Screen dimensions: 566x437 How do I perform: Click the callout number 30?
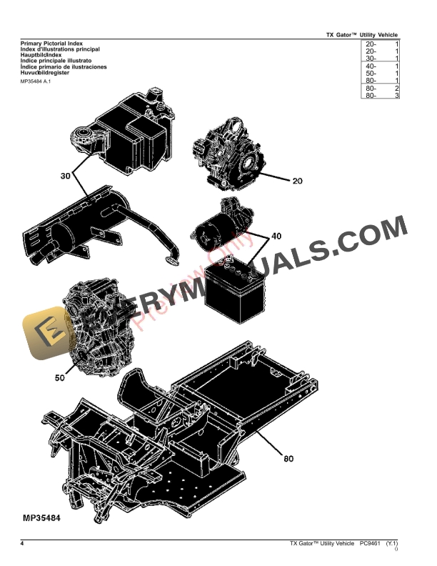[x=65, y=175]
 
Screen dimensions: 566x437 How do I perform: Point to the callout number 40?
[x=276, y=236]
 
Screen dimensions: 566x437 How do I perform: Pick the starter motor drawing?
[x=223, y=224]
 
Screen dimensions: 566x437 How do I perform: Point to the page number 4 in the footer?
[x=22, y=545]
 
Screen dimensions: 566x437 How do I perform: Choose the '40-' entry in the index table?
[x=371, y=66]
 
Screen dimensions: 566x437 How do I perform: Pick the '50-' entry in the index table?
[x=371, y=74]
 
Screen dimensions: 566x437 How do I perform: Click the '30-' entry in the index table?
[x=371, y=59]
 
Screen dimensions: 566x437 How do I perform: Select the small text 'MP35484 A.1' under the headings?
[x=36, y=81]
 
